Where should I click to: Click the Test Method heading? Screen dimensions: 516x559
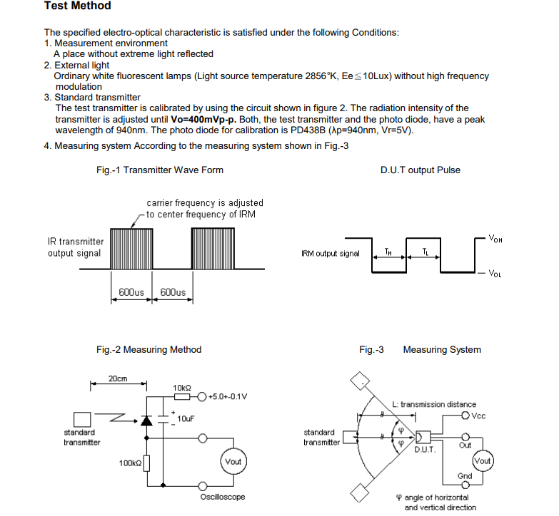pyautogui.click(x=78, y=6)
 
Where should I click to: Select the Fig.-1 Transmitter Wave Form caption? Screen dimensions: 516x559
pyautogui.click(x=159, y=170)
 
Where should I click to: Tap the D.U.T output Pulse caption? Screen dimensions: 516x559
pyautogui.click(x=420, y=170)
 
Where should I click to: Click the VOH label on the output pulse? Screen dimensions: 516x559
pyautogui.click(x=495, y=239)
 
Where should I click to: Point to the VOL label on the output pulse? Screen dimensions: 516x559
pyautogui.click(x=495, y=274)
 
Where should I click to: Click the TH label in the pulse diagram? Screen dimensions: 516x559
pyautogui.click(x=388, y=251)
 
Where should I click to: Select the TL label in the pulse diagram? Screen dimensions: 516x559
pyautogui.click(x=425, y=251)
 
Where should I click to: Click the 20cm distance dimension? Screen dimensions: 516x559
pyautogui.click(x=118, y=378)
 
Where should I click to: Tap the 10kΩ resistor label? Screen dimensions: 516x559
pyautogui.click(x=182, y=387)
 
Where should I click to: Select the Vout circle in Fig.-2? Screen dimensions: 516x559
pyautogui.click(x=233, y=462)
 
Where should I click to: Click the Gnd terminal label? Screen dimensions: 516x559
pyautogui.click(x=465, y=475)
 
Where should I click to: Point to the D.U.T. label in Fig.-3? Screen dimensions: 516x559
pyautogui.click(x=425, y=450)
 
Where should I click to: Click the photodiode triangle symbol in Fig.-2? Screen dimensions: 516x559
pyautogui.click(x=147, y=421)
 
